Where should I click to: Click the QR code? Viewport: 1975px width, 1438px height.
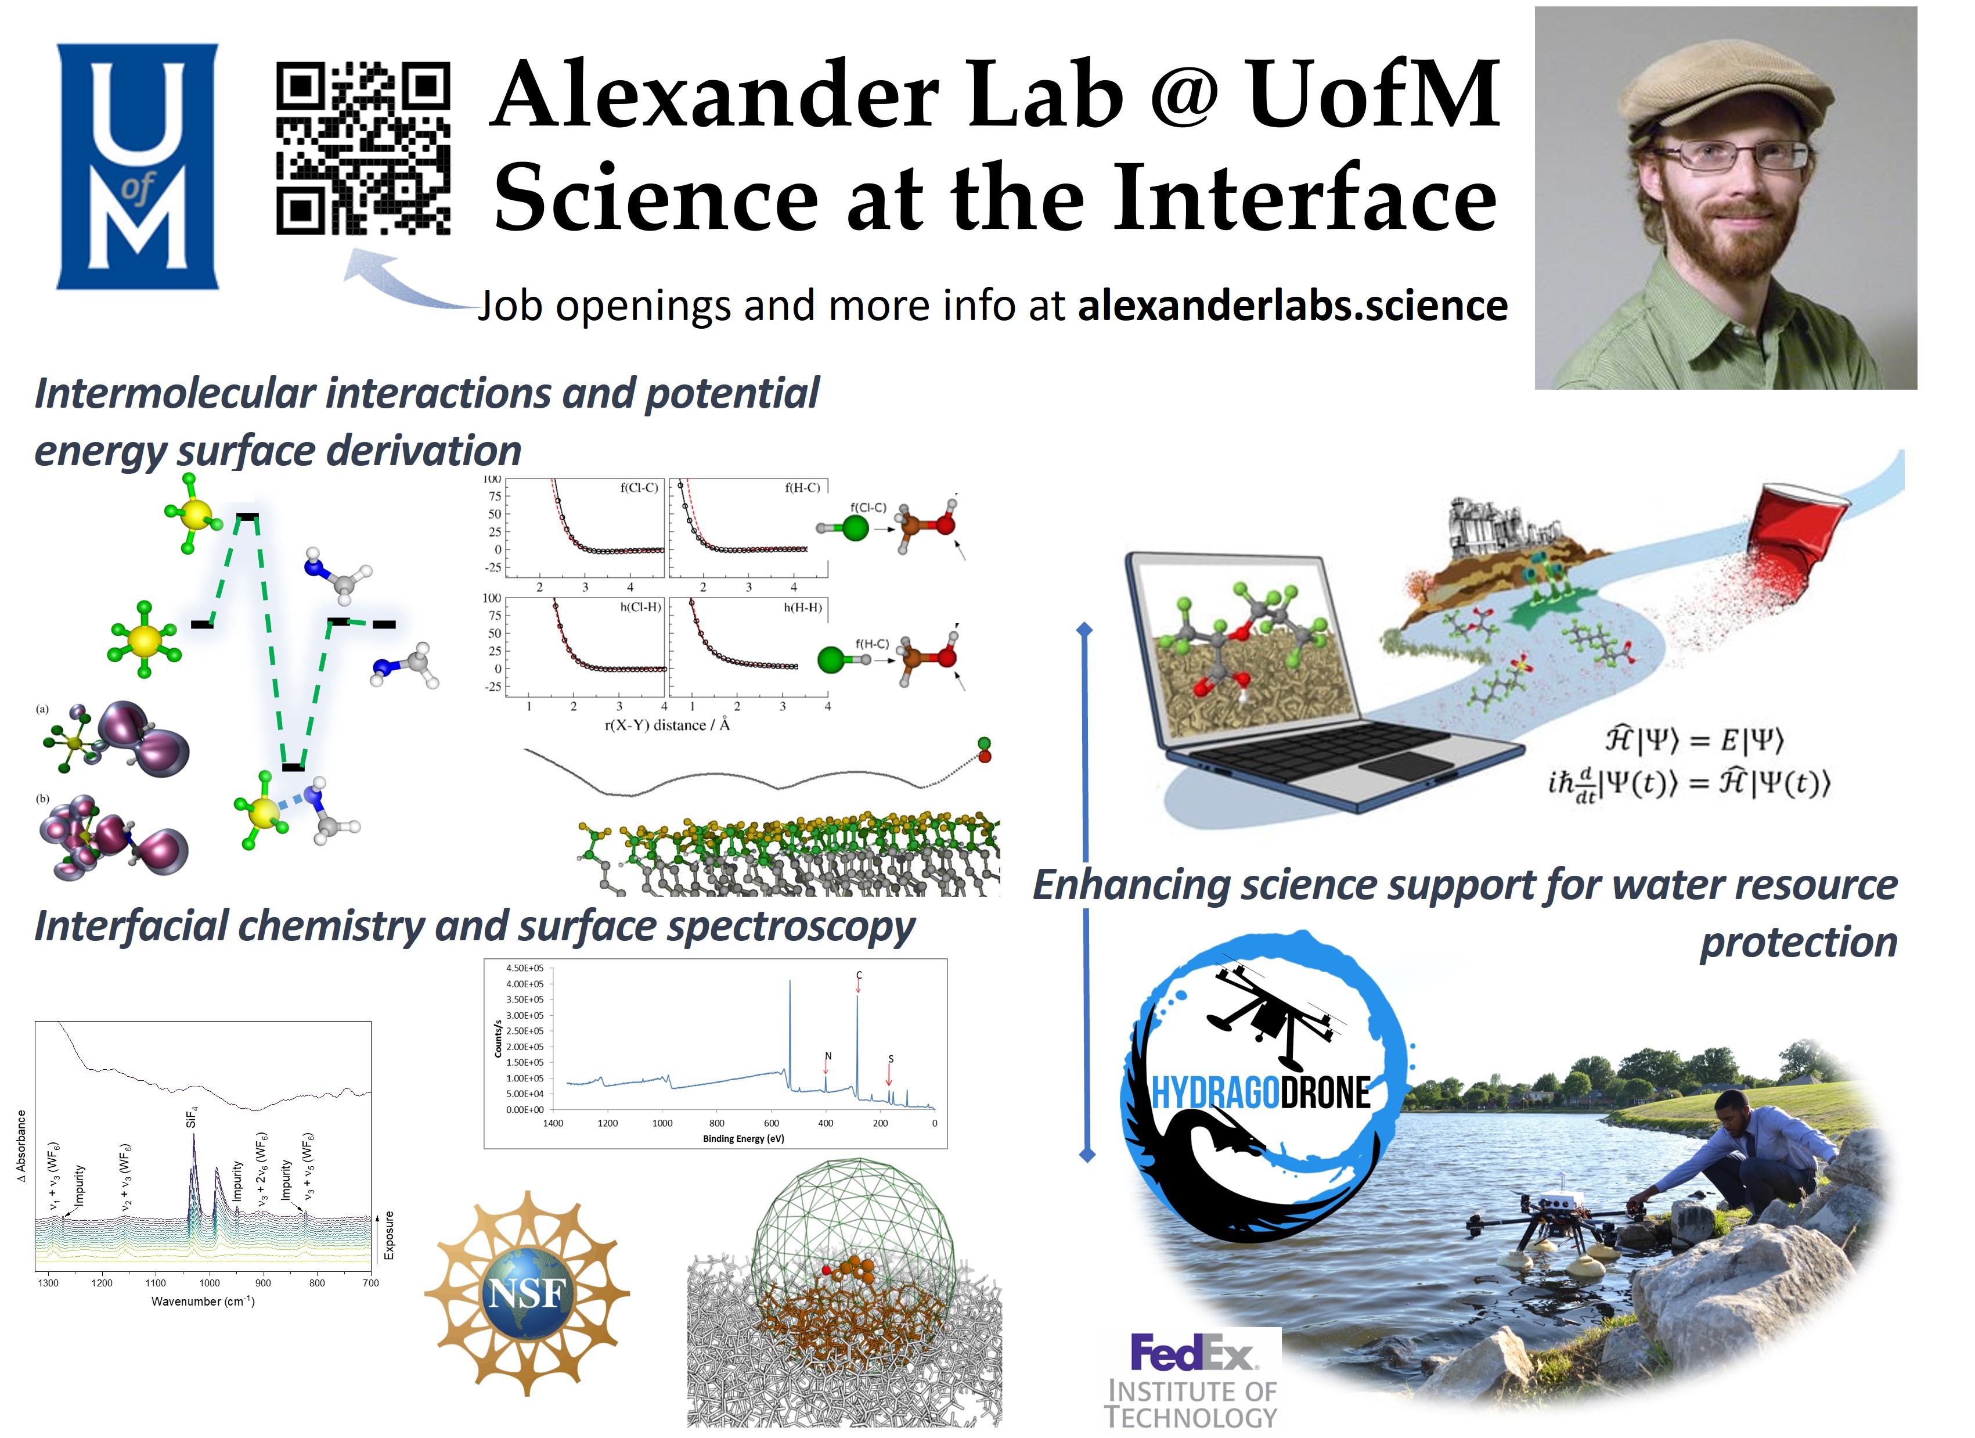pos(363,148)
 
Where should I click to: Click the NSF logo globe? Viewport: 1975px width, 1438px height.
pos(527,1293)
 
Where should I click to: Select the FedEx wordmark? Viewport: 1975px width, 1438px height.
pos(1191,1353)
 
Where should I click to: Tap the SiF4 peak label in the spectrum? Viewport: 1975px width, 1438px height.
pos(193,1117)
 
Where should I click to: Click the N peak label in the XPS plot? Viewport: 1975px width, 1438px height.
pos(828,1056)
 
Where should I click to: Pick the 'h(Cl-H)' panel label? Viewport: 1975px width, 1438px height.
pos(640,607)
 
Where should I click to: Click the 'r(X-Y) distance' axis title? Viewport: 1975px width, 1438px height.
pos(667,725)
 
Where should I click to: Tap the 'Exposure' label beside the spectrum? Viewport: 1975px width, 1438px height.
pos(389,1235)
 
